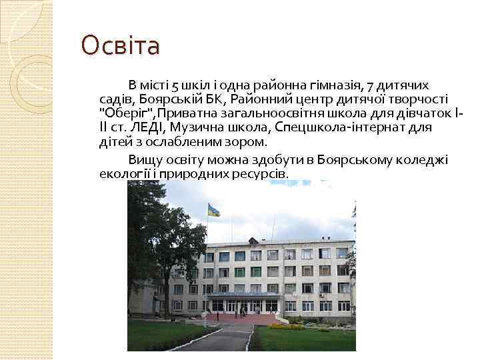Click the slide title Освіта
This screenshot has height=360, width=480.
coord(121,46)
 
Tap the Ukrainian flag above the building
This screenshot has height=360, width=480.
coord(213,209)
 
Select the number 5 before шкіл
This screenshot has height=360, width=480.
coord(175,85)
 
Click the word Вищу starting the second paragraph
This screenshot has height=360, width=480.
coord(144,160)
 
